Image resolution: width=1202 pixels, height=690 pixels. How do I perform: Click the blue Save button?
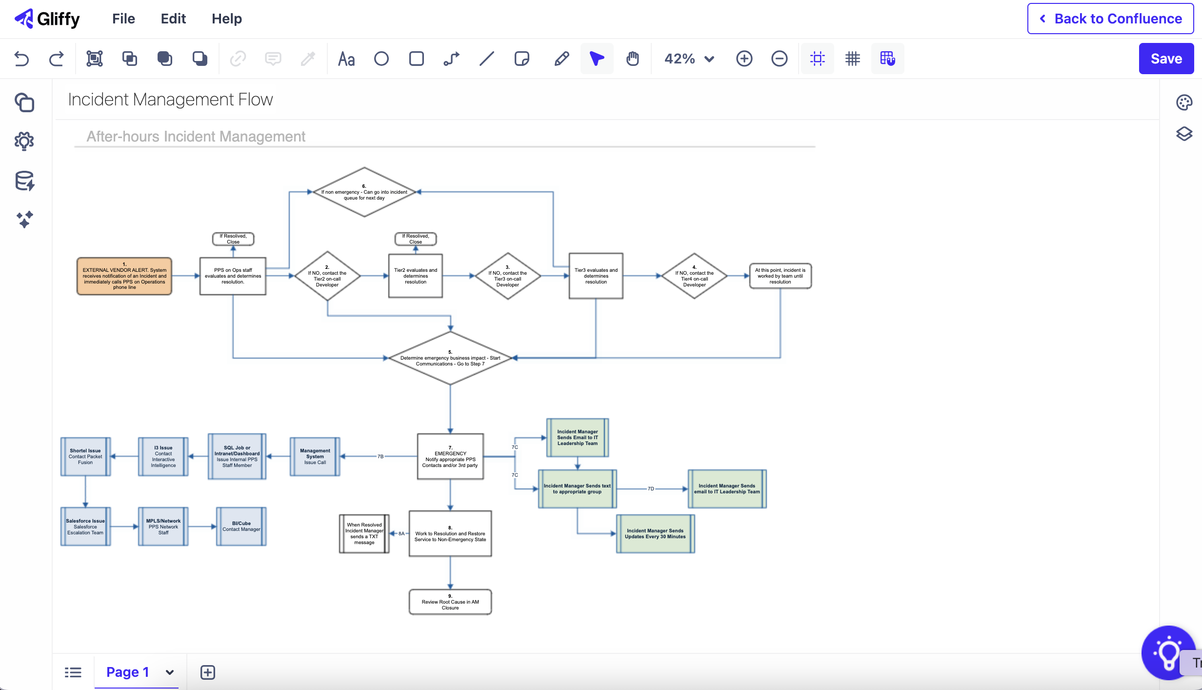[x=1165, y=59]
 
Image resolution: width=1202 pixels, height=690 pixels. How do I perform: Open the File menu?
[x=123, y=19]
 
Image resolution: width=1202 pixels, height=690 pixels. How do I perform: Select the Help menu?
[x=226, y=19]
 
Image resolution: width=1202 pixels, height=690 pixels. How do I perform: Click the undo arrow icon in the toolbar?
[x=21, y=59]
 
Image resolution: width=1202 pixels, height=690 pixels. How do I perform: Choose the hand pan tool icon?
[x=632, y=59]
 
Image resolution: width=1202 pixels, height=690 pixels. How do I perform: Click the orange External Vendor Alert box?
[x=124, y=276]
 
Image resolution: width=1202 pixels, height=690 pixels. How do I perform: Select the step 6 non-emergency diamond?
[x=364, y=192]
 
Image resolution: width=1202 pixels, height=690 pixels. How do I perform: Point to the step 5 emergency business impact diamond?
[x=450, y=359]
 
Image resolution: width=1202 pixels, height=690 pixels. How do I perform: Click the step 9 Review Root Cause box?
[x=450, y=602]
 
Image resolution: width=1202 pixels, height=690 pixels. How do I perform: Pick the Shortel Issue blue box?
[x=85, y=456]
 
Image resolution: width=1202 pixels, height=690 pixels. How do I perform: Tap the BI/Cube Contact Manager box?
[x=241, y=526]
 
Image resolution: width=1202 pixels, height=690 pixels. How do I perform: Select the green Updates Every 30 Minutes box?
[x=655, y=533]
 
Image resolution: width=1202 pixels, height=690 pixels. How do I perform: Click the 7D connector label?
[x=651, y=488]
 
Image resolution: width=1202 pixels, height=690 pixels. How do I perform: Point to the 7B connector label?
[x=381, y=456]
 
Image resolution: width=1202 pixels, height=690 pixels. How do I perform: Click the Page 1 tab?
[x=127, y=672]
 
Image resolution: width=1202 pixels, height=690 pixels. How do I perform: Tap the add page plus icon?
[x=207, y=672]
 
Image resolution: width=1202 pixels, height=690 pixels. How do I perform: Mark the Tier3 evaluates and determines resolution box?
[x=596, y=276]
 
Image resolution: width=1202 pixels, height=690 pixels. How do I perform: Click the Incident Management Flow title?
[x=170, y=100]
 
